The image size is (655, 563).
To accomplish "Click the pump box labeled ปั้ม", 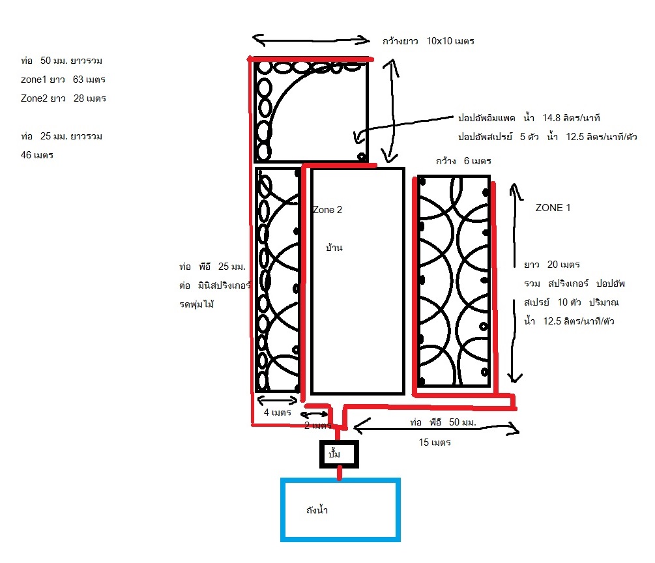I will [x=339, y=454].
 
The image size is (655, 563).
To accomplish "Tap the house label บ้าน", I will [x=335, y=248].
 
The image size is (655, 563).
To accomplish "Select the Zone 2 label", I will [x=327, y=210].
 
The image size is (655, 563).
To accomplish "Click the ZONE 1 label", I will [x=553, y=208].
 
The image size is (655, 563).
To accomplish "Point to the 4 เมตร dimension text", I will [x=277, y=412].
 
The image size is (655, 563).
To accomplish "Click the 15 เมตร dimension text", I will [x=434, y=442].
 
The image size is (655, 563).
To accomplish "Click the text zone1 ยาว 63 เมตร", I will [x=63, y=79].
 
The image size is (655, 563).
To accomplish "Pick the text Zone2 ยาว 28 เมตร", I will [x=63, y=98].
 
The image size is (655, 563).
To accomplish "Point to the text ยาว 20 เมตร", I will [x=552, y=265].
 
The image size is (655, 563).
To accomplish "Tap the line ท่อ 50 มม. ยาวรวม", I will [x=62, y=61].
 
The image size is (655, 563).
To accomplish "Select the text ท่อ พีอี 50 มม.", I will [x=443, y=422].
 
